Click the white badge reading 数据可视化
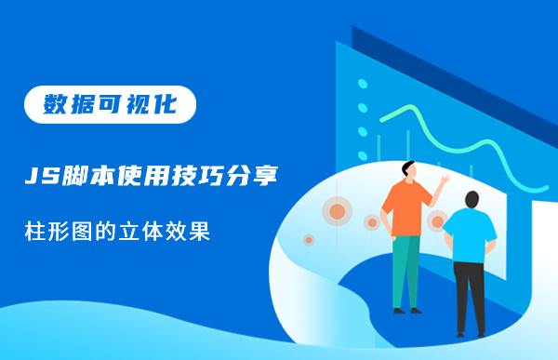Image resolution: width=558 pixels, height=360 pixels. (111, 104)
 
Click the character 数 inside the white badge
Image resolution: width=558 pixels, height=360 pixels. (57, 104)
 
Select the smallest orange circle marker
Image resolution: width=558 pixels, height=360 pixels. (309, 239)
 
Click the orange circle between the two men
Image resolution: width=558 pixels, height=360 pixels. (436, 221)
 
